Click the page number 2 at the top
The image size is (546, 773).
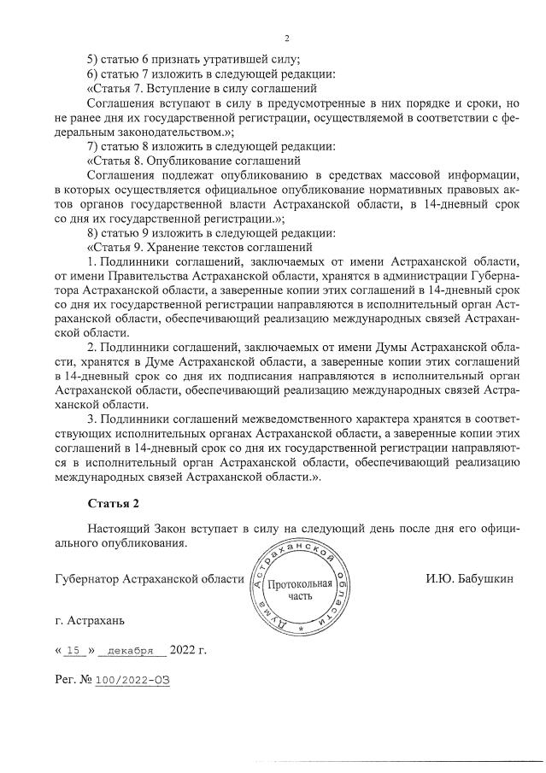click(x=287, y=38)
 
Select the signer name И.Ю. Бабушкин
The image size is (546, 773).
click(x=469, y=579)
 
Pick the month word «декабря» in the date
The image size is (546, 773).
click(x=131, y=650)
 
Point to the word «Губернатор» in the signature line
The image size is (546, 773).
click(x=85, y=579)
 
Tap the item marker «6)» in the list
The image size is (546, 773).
click(x=94, y=73)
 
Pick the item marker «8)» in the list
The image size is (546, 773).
click(x=94, y=232)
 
